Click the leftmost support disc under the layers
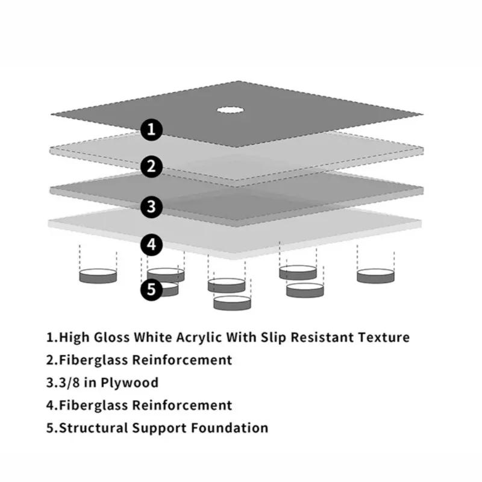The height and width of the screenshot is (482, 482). [98, 276]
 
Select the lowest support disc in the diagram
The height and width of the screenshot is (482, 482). [232, 302]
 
